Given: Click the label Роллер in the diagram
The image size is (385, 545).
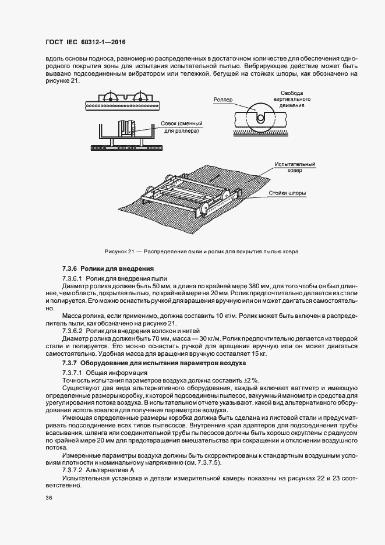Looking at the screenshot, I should pyautogui.click(x=222, y=100).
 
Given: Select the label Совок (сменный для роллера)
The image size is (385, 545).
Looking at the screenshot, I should pyautogui.click(x=179, y=128).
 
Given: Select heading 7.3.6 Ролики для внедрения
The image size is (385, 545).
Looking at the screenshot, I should pyautogui.click(x=108, y=268).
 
